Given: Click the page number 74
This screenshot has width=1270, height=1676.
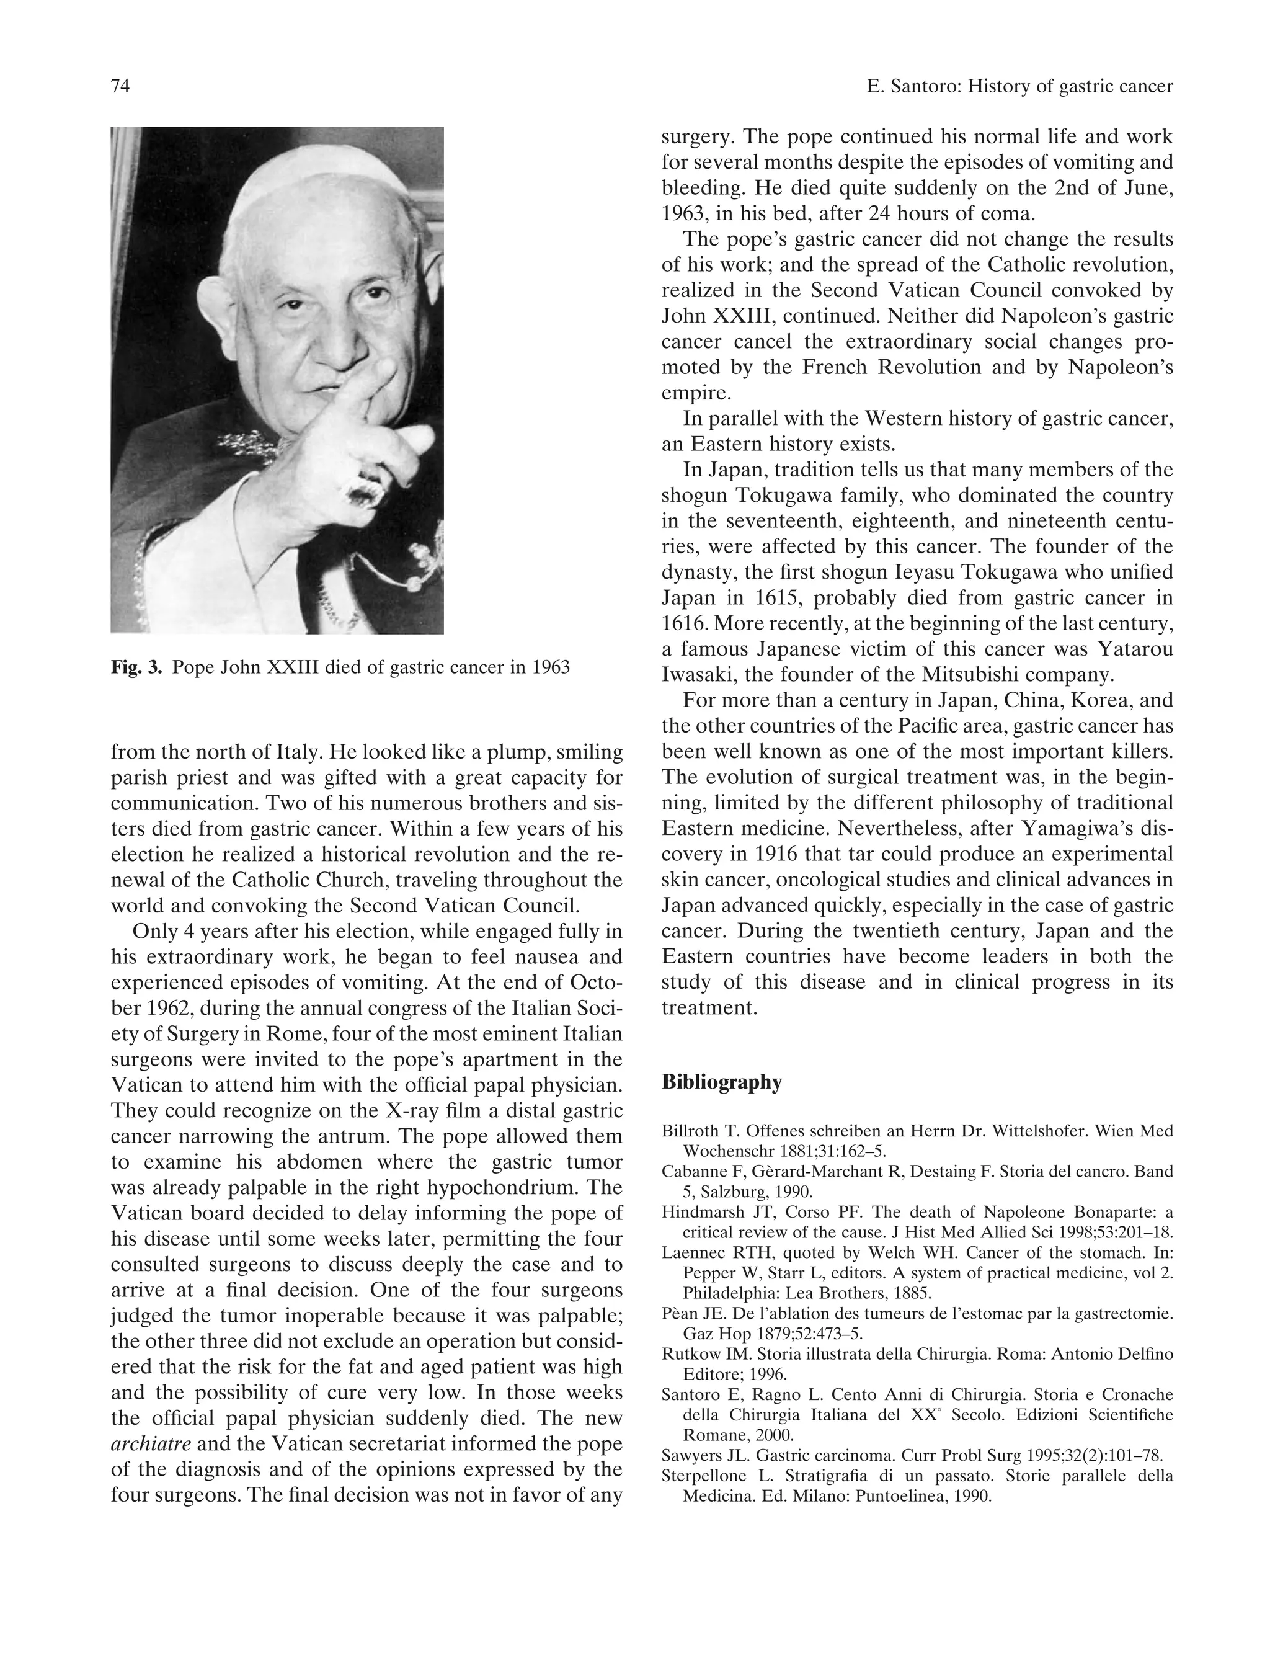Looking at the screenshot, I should [x=120, y=86].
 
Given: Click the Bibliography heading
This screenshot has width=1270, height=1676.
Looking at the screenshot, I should [x=721, y=1082].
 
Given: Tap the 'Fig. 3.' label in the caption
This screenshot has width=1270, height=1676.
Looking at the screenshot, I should [x=136, y=667].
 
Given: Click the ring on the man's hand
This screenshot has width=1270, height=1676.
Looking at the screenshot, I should [x=365, y=494].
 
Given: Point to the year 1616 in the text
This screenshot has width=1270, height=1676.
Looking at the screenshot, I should [x=684, y=623].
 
